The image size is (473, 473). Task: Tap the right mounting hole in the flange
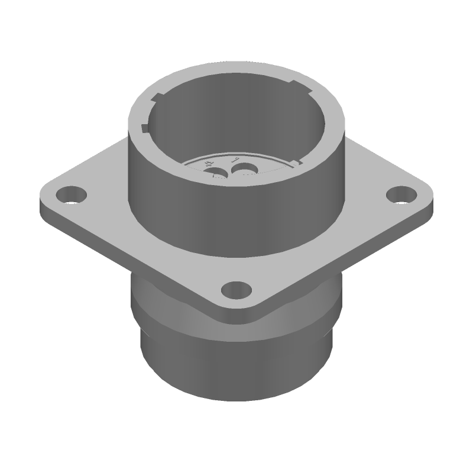(400, 194)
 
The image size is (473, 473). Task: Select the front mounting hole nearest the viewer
(236, 290)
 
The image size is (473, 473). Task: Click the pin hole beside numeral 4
(218, 173)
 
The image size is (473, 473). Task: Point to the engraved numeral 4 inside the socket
(208, 163)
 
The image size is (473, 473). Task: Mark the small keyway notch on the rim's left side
(145, 127)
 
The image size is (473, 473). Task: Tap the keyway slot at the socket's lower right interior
(299, 160)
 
